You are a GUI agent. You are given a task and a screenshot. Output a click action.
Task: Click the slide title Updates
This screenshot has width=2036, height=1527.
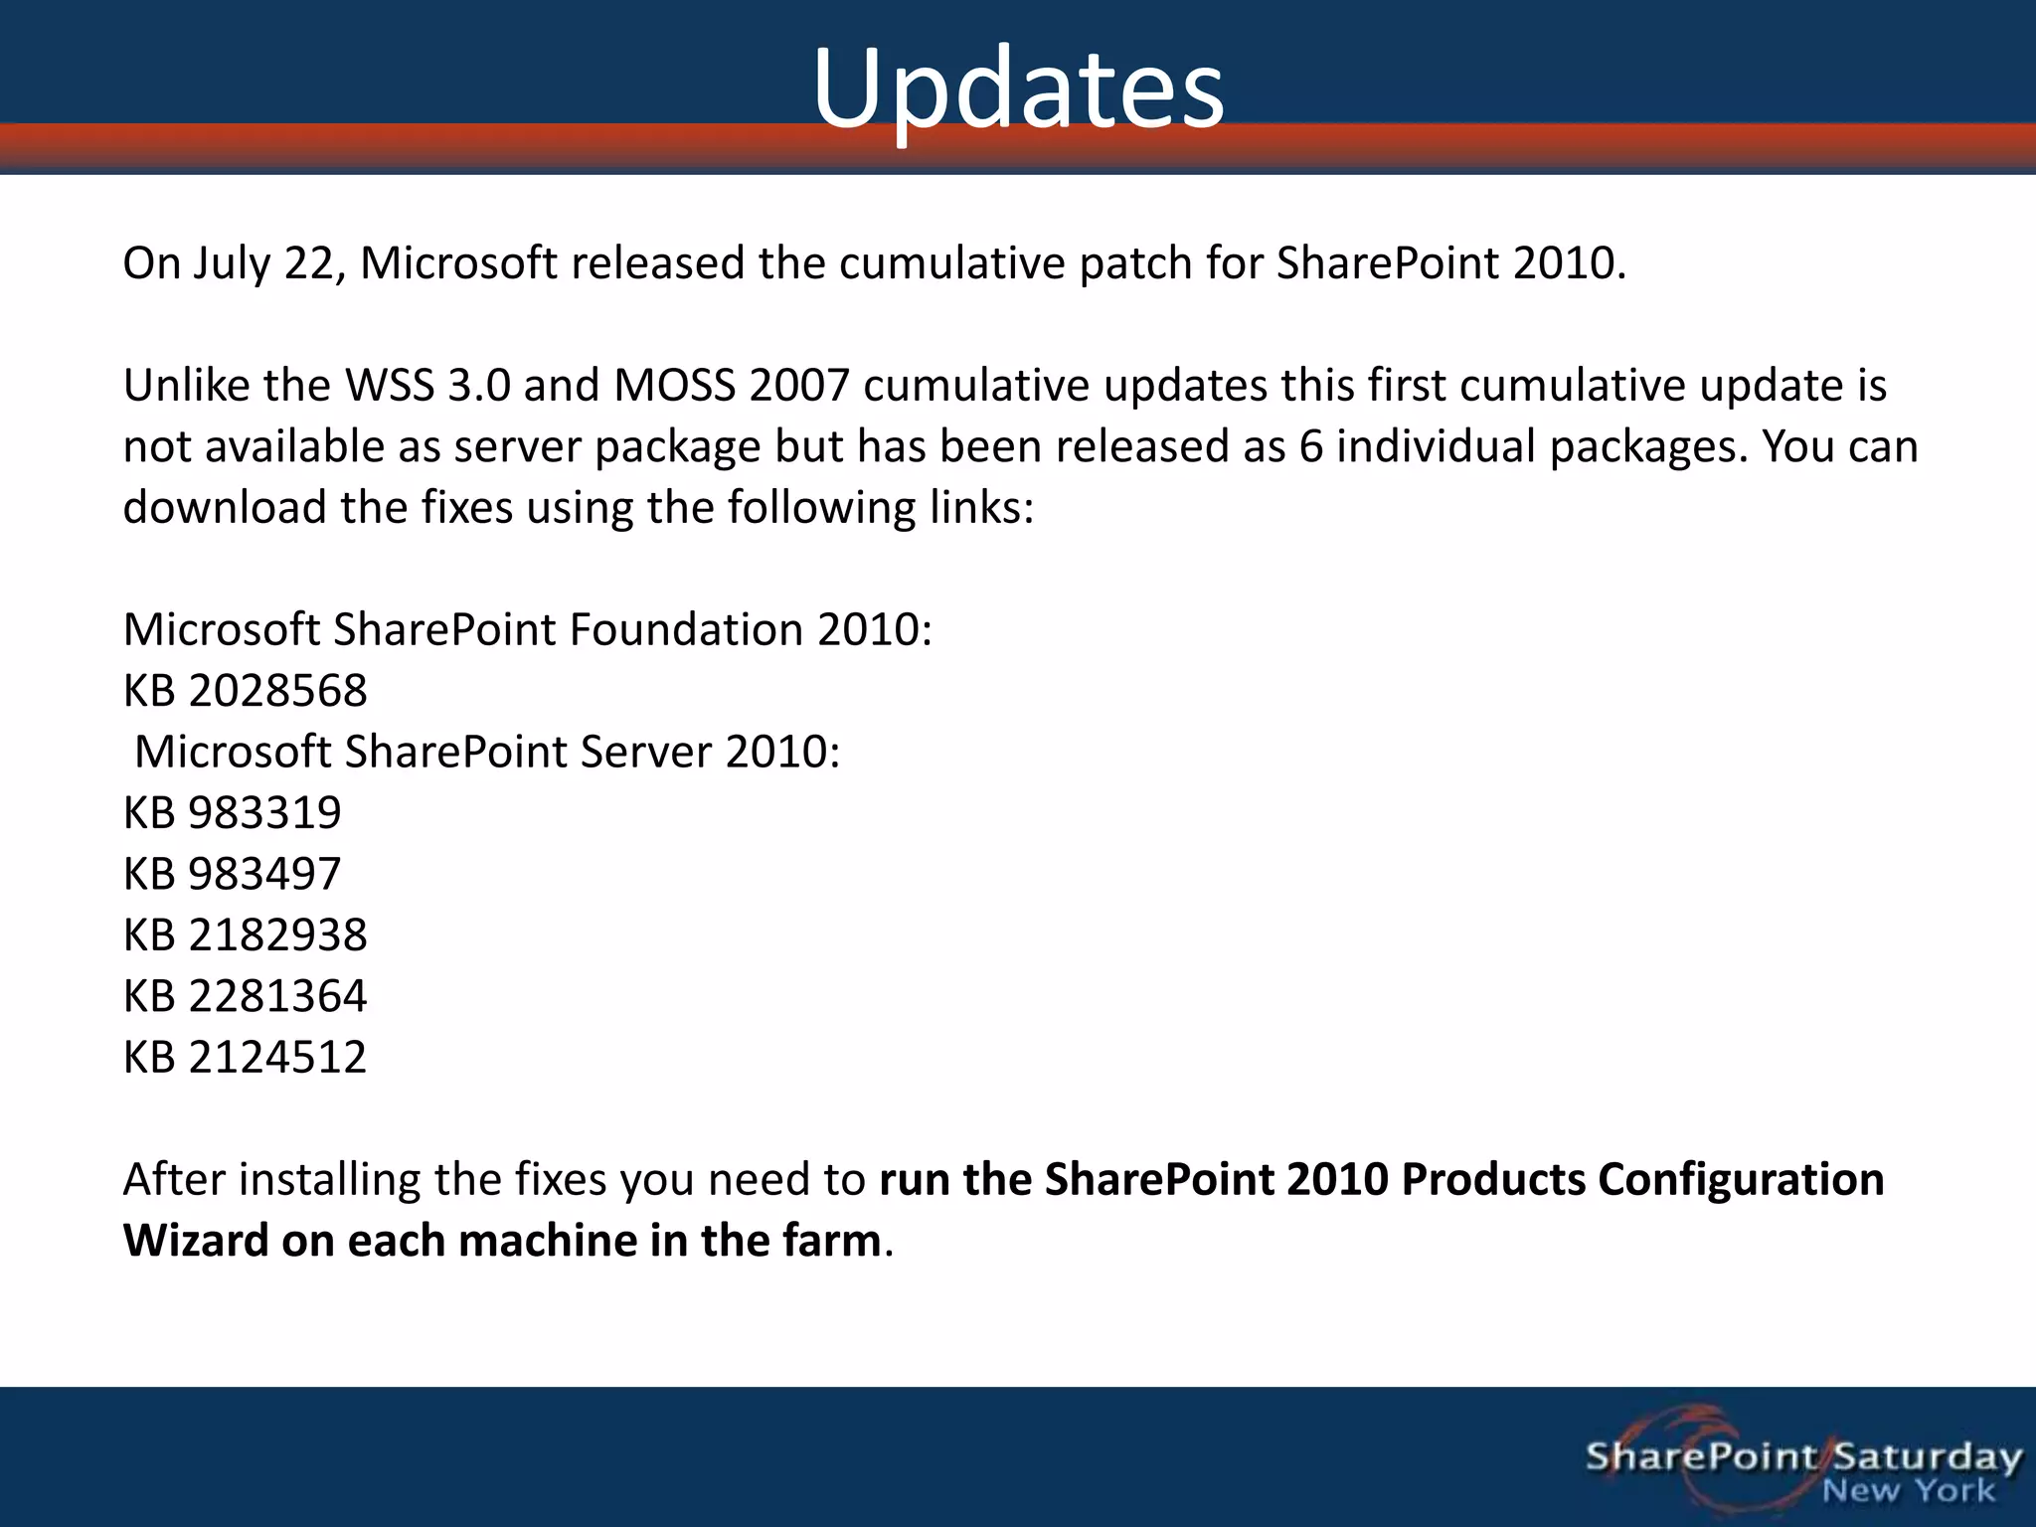(1018, 89)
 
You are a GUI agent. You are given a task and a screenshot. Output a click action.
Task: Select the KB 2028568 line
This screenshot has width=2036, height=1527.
(245, 691)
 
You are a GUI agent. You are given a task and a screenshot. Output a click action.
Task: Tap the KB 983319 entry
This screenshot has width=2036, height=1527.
(232, 813)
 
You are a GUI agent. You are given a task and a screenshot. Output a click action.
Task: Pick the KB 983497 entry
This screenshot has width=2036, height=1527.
(232, 874)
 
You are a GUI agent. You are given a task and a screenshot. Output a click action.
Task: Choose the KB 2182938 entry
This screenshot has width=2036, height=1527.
(245, 935)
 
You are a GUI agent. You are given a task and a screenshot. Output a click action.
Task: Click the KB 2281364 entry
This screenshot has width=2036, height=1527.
(245, 996)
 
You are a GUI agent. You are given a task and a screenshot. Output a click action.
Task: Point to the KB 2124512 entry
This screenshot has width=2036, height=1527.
(245, 1057)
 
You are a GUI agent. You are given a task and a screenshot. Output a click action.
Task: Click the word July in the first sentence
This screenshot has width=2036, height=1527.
(231, 264)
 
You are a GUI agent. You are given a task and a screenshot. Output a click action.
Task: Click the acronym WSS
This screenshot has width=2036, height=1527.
(389, 386)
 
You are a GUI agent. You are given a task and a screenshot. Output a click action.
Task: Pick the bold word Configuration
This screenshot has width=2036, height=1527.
(1741, 1180)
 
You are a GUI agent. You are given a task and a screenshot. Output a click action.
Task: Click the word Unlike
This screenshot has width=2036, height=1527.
(186, 386)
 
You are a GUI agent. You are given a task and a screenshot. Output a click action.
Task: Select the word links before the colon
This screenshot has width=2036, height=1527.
(974, 508)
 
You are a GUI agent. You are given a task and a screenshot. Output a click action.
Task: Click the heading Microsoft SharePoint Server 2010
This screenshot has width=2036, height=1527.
(487, 753)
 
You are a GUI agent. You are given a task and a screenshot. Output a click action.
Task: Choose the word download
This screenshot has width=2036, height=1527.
(224, 508)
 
